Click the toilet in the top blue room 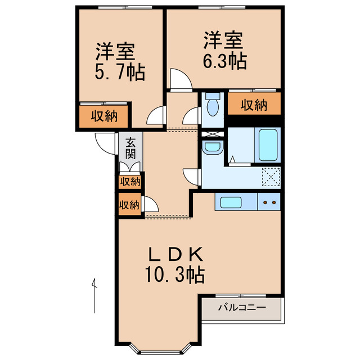click(x=213, y=105)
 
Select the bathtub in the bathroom click(x=268, y=145)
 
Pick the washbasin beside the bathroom click(x=212, y=148)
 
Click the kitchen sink click(x=231, y=202)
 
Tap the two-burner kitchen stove click(x=269, y=202)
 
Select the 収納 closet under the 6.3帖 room click(x=254, y=105)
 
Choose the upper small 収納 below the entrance click(x=129, y=182)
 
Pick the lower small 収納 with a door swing click(x=129, y=205)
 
